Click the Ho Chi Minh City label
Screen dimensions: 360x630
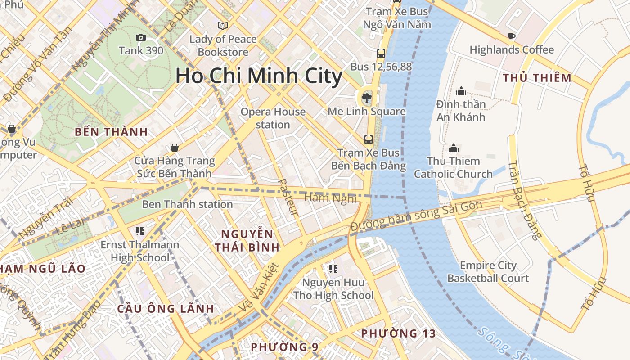[259, 76]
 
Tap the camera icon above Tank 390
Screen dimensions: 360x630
[141, 38]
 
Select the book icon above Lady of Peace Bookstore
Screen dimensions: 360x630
[223, 26]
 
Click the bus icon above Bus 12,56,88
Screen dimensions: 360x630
[381, 54]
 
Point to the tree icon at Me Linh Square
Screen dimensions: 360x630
[366, 98]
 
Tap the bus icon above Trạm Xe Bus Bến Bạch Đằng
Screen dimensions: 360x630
[368, 139]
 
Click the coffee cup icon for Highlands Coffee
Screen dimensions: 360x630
[511, 36]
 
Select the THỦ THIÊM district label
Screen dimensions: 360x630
[537, 78]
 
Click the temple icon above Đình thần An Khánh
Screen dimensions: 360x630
[461, 91]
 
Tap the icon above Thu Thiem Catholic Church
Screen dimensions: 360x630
[453, 148]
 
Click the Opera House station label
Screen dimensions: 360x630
[273, 118]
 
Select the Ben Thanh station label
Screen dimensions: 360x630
[187, 204]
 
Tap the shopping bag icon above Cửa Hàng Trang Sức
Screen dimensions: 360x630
[174, 148]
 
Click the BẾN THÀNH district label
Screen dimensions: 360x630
[111, 132]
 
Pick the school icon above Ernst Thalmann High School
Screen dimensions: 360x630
[139, 231]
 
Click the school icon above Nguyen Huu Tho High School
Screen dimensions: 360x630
[333, 269]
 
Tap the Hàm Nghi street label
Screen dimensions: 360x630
[330, 198]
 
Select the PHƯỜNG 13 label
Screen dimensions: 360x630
[398, 333]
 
